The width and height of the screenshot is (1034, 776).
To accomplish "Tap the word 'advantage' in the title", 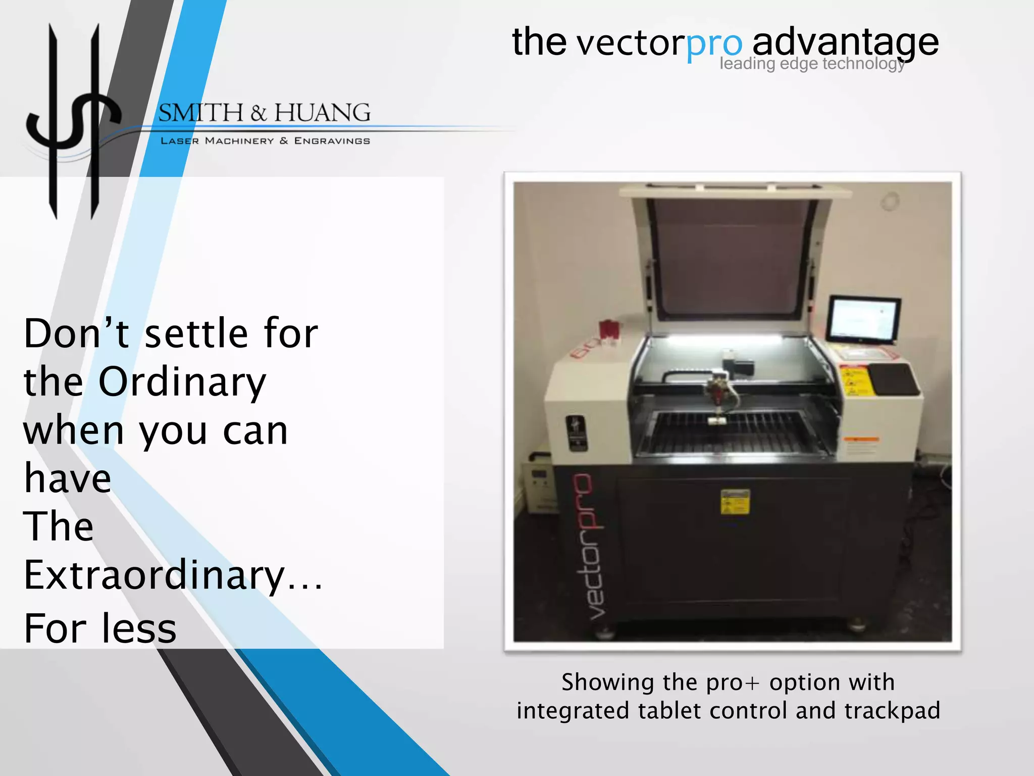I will pyautogui.click(x=845, y=43).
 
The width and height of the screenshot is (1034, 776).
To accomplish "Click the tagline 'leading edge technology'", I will pyautogui.click(x=812, y=64).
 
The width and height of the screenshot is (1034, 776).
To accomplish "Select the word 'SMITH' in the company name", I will pyautogui.click(x=201, y=113).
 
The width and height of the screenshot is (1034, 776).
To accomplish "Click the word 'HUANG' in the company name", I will pyautogui.click(x=322, y=113).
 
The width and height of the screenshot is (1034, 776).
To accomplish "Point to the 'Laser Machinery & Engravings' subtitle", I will pyautogui.click(x=265, y=141).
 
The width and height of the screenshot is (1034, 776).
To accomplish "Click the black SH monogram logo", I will pyautogui.click(x=74, y=121).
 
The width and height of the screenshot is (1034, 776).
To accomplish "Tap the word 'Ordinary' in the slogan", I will pyautogui.click(x=182, y=382).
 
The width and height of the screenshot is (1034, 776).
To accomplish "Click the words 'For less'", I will pyautogui.click(x=100, y=629).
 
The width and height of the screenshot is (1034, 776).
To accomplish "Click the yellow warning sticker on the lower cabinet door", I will pyautogui.click(x=735, y=501).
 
